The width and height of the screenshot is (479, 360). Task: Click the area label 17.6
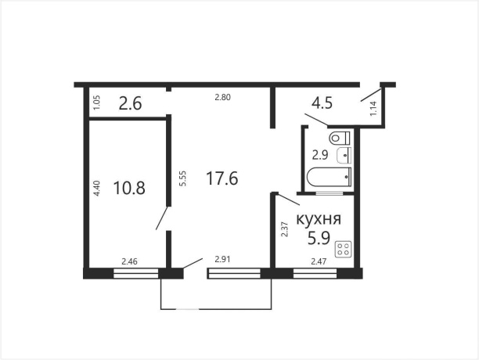click(x=221, y=178)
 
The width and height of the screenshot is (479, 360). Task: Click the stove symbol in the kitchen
click(x=343, y=250)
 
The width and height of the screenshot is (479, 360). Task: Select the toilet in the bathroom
click(x=340, y=138)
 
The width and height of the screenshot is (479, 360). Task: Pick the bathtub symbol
click(x=330, y=178)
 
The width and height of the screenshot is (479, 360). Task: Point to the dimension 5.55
click(x=182, y=178)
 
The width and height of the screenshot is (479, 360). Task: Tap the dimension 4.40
click(x=95, y=189)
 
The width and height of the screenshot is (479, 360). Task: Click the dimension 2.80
click(x=225, y=97)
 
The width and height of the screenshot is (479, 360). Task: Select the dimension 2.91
click(x=215, y=261)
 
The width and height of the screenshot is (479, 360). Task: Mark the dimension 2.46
click(x=130, y=261)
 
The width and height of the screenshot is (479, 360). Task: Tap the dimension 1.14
click(x=373, y=109)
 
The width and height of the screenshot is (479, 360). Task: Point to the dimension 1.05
click(x=95, y=102)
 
